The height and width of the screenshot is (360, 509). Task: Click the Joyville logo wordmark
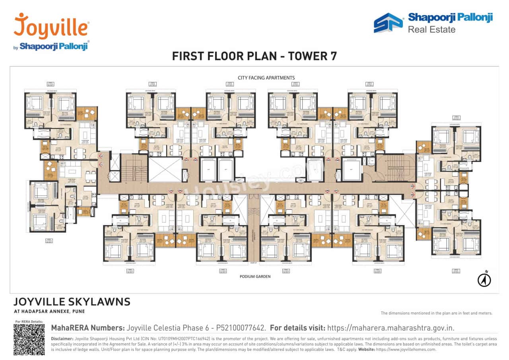(x=51, y=27)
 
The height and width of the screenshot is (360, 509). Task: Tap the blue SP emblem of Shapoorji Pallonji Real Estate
(x=388, y=23)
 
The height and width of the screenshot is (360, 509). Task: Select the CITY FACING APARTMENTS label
(x=266, y=78)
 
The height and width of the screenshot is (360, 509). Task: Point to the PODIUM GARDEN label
(x=255, y=276)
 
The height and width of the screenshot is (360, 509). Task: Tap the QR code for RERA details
(x=29, y=339)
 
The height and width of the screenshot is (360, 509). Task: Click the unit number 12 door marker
(x=101, y=156)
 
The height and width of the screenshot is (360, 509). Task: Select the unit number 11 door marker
(x=101, y=164)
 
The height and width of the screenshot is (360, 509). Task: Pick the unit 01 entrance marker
(x=186, y=161)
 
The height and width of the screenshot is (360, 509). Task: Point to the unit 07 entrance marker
(x=337, y=191)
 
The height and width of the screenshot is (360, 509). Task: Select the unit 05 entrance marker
(x=412, y=186)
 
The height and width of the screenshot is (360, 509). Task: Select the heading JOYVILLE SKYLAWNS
(x=72, y=302)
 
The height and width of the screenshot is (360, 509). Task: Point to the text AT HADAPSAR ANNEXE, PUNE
(x=49, y=311)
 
